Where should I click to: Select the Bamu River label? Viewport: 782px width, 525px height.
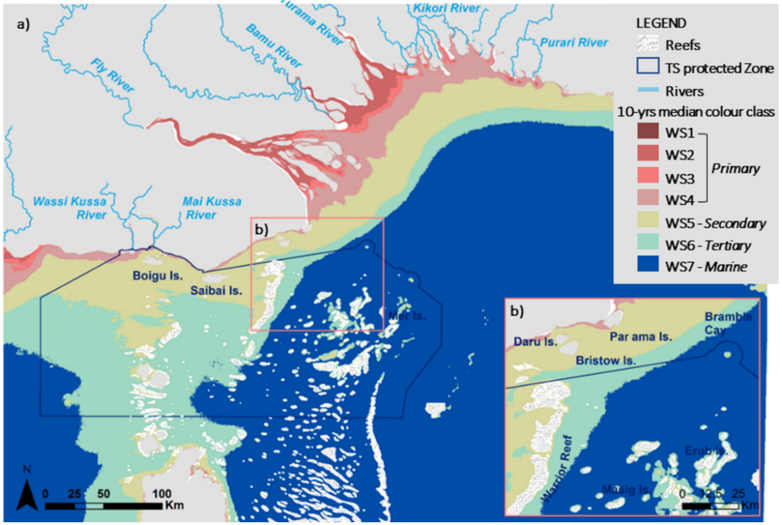pyautogui.click(x=274, y=46)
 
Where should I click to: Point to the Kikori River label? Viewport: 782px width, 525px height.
pyautogui.click(x=447, y=8)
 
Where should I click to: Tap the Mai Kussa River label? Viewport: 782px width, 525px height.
pyautogui.click(x=211, y=208)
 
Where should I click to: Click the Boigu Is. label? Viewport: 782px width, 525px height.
pyautogui.click(x=158, y=276)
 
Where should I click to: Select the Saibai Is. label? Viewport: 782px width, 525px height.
pyautogui.click(x=216, y=290)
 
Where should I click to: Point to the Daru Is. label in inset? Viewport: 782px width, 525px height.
pyautogui.click(x=535, y=342)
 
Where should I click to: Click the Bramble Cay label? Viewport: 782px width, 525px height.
pyautogui.click(x=728, y=323)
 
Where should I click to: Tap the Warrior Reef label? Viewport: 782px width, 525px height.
pyautogui.click(x=557, y=469)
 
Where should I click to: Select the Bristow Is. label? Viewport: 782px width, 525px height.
pyautogui.click(x=605, y=361)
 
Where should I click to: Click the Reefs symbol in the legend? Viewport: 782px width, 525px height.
pyautogui.click(x=648, y=44)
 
